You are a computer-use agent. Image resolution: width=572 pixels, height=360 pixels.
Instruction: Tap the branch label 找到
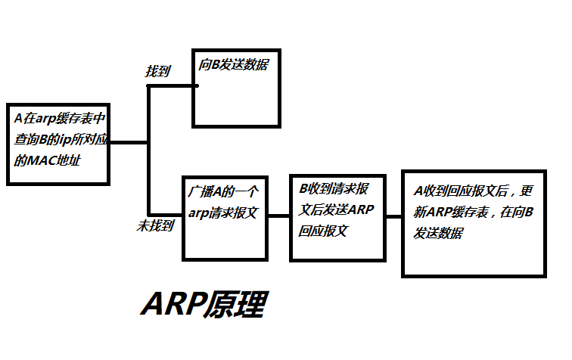coord(158,72)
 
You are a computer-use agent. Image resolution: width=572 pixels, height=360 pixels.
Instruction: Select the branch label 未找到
coord(156,225)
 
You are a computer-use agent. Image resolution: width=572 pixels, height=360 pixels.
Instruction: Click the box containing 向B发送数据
coord(236,91)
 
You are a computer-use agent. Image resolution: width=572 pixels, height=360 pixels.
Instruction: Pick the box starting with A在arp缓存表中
coord(58,144)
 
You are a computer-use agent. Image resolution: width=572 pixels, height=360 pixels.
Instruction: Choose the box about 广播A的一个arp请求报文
coord(225,218)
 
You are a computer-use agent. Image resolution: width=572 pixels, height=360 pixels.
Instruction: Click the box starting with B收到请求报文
coord(337,218)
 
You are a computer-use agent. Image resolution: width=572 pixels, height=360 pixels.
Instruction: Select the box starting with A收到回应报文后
coord(474,223)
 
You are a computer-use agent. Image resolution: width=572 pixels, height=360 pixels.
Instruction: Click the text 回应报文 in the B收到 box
coord(323,231)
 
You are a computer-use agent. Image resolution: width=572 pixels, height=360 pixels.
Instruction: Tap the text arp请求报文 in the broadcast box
coord(223,213)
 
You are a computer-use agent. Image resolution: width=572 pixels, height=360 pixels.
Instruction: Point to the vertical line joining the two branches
coord(148,151)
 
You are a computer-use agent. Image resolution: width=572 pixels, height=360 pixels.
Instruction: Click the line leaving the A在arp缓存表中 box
coord(129,142)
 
